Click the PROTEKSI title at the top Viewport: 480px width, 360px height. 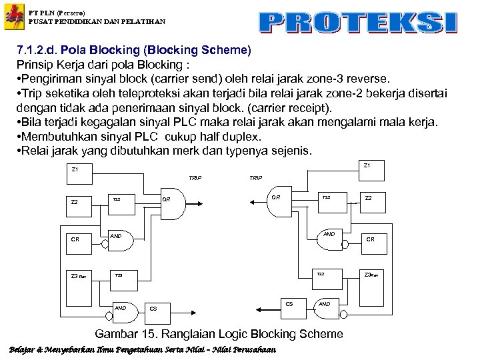click(358, 22)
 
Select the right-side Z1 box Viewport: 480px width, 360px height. click(366, 165)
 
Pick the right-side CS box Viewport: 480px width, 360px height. click(289, 304)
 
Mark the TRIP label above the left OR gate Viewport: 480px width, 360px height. click(195, 179)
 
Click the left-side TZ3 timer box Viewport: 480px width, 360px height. click(120, 275)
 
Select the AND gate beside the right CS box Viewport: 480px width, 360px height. click(325, 304)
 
